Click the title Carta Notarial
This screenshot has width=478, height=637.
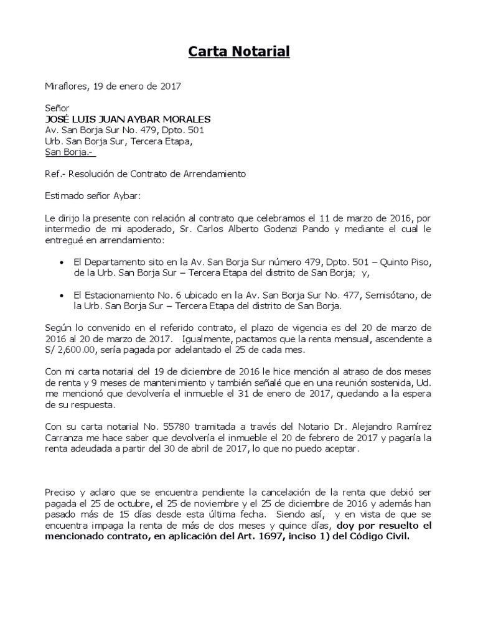click(240, 52)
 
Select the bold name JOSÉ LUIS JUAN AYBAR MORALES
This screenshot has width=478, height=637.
click(128, 119)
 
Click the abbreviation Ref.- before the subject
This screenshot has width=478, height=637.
click(55, 174)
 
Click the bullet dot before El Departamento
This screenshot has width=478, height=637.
click(61, 263)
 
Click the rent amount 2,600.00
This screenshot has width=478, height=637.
click(78, 351)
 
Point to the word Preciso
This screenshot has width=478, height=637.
click(62, 493)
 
